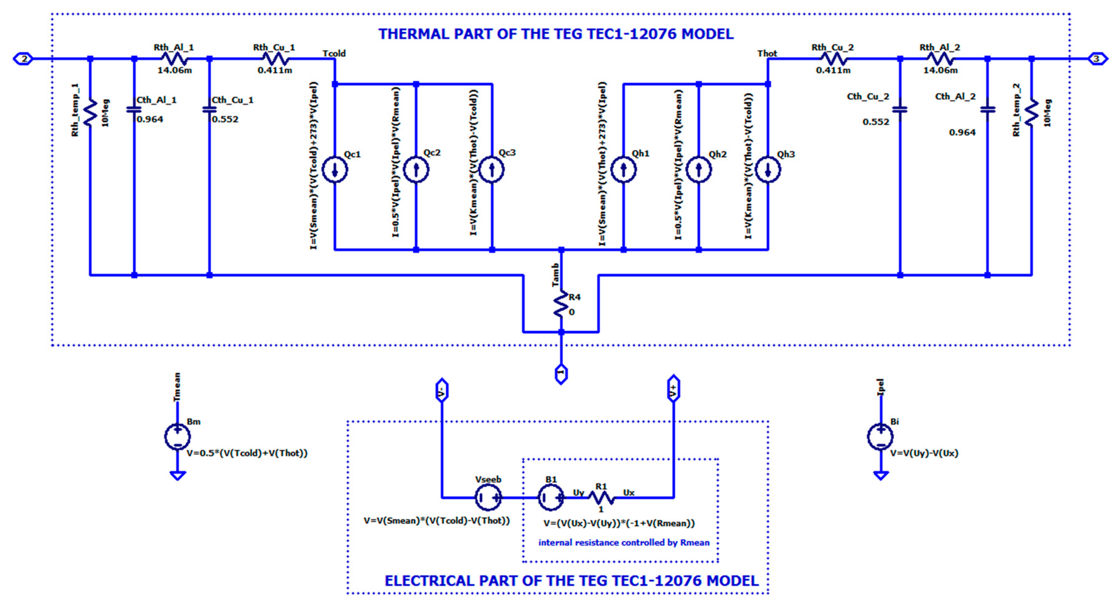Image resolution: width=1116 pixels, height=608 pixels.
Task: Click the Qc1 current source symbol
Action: click(335, 170)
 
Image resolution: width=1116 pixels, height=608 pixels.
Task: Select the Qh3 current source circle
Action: click(768, 170)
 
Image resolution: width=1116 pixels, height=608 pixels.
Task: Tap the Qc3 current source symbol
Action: click(492, 170)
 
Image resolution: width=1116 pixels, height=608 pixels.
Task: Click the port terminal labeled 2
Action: click(24, 59)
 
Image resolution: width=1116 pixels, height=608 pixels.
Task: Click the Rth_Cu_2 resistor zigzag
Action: click(833, 59)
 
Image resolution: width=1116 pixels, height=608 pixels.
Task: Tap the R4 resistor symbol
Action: click(561, 304)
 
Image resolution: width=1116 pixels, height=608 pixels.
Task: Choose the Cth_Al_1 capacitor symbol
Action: click(134, 109)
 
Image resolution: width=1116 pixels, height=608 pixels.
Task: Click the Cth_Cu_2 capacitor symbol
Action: click(900, 109)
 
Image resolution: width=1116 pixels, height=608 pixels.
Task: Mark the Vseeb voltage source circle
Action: click(488, 497)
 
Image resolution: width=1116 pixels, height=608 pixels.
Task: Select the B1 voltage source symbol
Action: click(551, 497)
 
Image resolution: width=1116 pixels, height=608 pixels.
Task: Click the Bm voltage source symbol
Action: click(177, 437)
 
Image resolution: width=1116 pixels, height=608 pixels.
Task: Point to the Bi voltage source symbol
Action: click(880, 437)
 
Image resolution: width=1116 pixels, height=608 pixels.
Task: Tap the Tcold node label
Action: click(334, 53)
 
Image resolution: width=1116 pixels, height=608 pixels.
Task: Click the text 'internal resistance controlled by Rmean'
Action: click(624, 542)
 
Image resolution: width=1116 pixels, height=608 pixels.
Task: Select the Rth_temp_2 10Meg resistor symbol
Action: click(1032, 113)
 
